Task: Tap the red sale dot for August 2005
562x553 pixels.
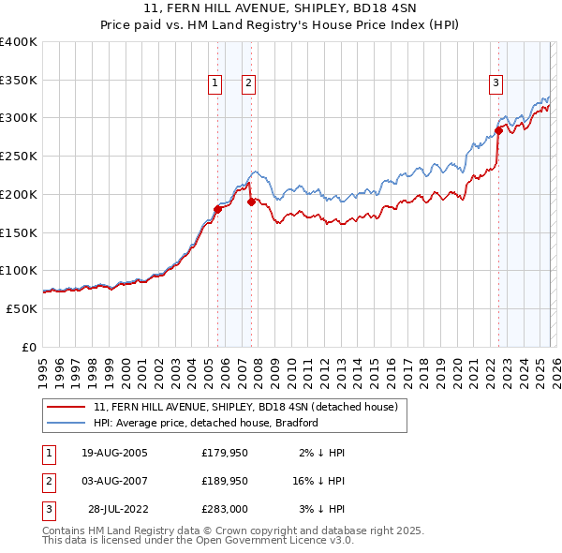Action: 217,209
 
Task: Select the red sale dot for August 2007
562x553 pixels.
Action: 251,202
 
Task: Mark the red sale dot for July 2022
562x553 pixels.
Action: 498,130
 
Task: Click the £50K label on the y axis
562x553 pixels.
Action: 21,308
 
